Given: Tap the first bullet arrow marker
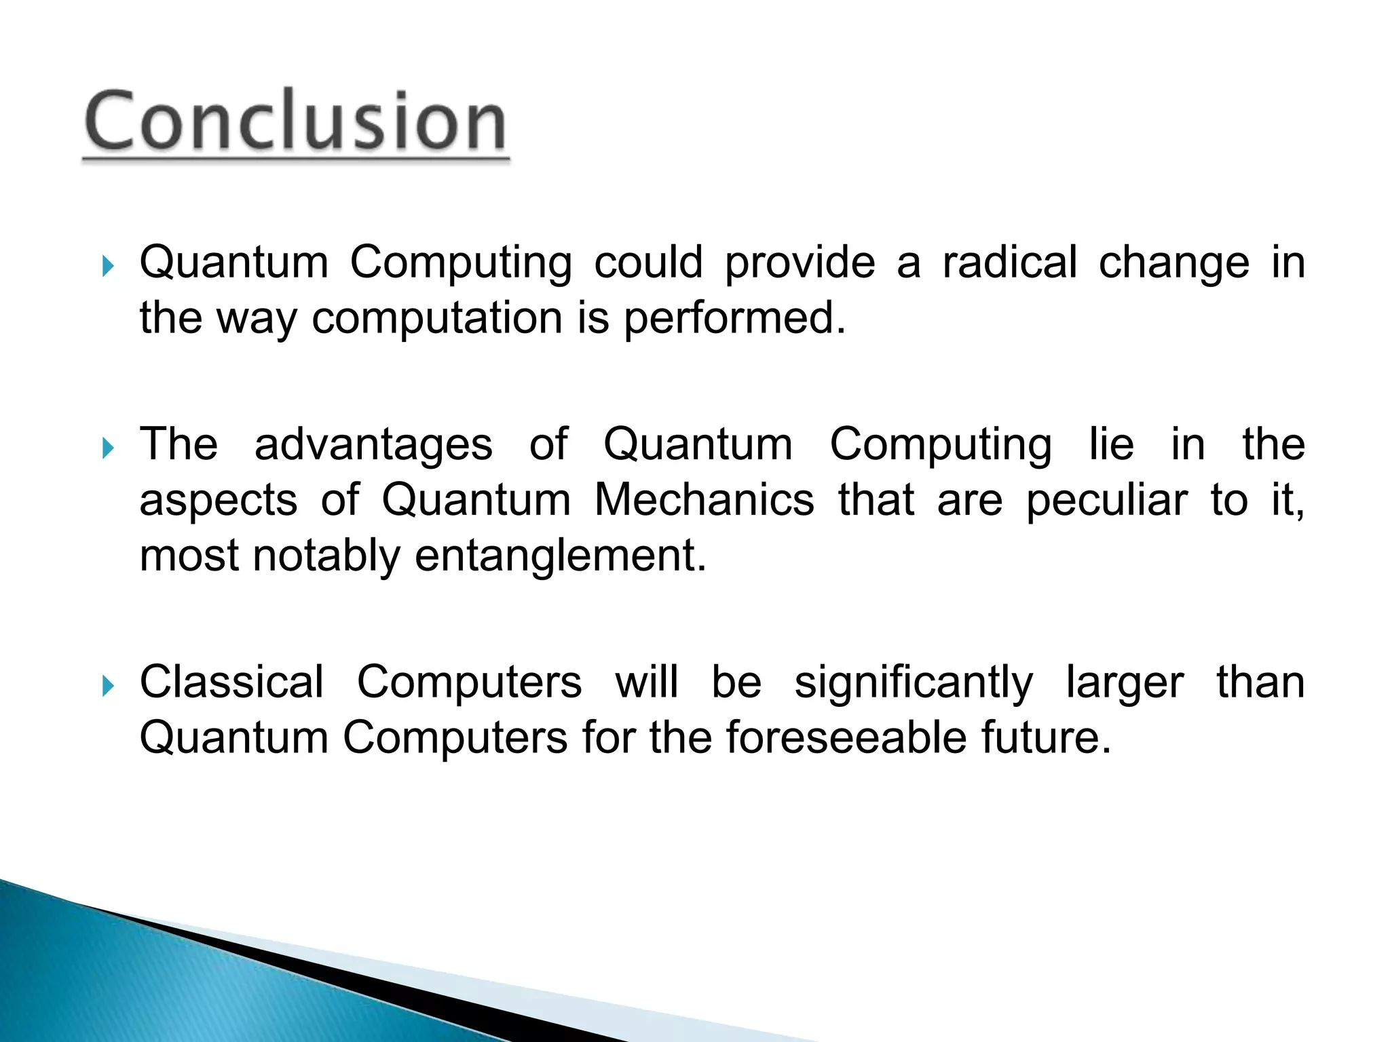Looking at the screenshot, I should click(107, 267).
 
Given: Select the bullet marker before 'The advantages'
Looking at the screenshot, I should click(107, 448).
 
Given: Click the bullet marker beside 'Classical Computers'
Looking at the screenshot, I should click(107, 686).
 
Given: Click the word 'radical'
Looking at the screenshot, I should click(1009, 263).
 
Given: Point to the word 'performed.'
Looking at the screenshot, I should click(734, 318).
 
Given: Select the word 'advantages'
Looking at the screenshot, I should click(373, 445).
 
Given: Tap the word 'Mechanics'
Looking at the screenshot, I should click(704, 500).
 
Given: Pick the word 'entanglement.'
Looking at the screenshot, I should click(561, 557).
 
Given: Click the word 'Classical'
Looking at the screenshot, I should click(231, 682).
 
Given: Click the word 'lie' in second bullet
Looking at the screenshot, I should click(1111, 445).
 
